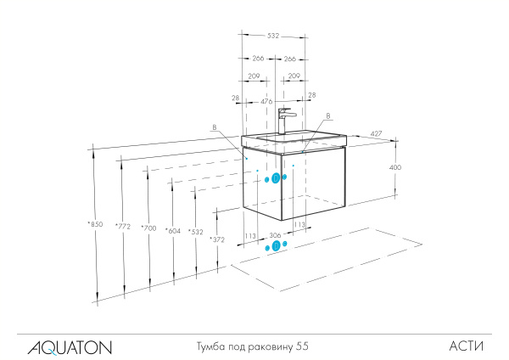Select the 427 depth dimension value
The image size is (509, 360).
pyautogui.click(x=374, y=133)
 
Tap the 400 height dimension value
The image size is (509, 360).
pyautogui.click(x=394, y=168)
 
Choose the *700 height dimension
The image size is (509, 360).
pyautogui.click(x=149, y=228)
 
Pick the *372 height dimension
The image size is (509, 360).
pyautogui.click(x=217, y=240)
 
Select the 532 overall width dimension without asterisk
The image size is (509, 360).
pyautogui.click(x=272, y=37)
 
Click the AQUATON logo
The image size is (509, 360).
pyautogui.click(x=69, y=346)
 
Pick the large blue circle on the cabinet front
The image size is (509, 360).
pyautogui.click(x=276, y=178)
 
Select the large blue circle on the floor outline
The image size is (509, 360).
pyautogui.click(x=275, y=246)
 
